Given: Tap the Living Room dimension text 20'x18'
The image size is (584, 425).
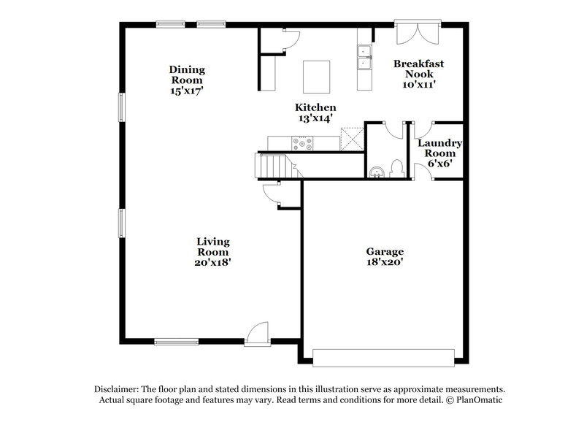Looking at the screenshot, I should pyautogui.click(x=213, y=261).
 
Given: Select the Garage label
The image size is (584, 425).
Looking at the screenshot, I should pyautogui.click(x=385, y=251).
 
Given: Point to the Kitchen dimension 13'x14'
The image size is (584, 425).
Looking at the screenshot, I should pyautogui.click(x=315, y=118).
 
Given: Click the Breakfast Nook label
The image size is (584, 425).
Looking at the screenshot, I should pyautogui.click(x=418, y=69).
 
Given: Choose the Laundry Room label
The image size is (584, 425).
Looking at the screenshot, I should pyautogui.click(x=440, y=148).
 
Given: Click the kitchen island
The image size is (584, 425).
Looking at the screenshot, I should pyautogui.click(x=317, y=74).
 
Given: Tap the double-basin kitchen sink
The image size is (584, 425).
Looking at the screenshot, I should pyautogui.click(x=364, y=58).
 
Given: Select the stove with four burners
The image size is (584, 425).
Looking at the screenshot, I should pyautogui.click(x=302, y=143).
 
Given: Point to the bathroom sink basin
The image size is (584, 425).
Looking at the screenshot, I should pyautogui.click(x=376, y=172).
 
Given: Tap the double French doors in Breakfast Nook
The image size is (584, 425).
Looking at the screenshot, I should pyautogui.click(x=416, y=34).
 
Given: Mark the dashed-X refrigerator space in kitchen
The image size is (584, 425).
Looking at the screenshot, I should pyautogui.click(x=352, y=139).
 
